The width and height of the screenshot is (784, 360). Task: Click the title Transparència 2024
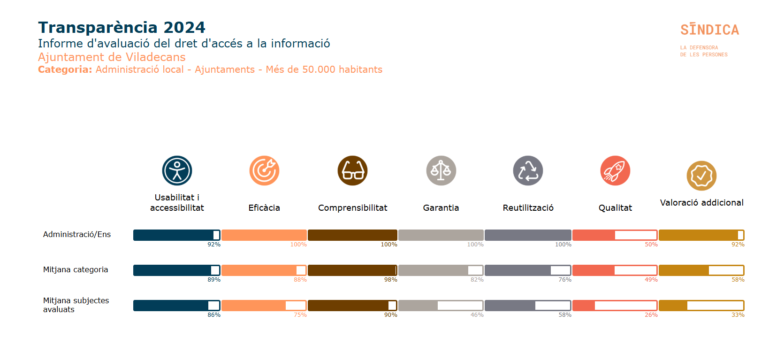(x=122, y=27)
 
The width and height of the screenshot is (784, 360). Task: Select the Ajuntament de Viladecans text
(x=112, y=57)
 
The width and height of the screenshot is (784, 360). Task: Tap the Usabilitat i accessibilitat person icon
(x=177, y=170)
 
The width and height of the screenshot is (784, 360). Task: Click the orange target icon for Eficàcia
(x=264, y=170)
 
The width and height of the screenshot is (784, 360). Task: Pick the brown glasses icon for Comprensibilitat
(x=352, y=170)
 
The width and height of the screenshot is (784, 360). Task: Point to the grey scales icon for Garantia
(x=441, y=170)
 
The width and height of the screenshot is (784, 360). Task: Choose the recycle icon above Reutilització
(x=528, y=170)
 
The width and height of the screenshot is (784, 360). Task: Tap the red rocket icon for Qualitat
(x=615, y=170)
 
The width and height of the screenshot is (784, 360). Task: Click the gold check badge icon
(x=701, y=176)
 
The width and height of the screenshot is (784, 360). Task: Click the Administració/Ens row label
(x=77, y=234)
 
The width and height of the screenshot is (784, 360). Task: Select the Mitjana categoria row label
(x=76, y=269)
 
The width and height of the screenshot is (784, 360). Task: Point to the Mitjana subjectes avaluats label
(x=76, y=305)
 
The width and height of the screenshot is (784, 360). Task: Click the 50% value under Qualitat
(x=651, y=245)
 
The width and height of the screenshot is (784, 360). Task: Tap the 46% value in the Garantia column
(x=477, y=315)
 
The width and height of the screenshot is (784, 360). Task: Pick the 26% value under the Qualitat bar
(x=651, y=315)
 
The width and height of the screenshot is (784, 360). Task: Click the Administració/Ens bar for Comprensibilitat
(x=352, y=235)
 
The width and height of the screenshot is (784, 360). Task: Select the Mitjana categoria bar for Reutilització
(x=528, y=270)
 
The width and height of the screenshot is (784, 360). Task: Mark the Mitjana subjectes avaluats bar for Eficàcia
(x=264, y=306)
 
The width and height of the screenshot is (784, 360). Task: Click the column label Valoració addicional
(x=701, y=202)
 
